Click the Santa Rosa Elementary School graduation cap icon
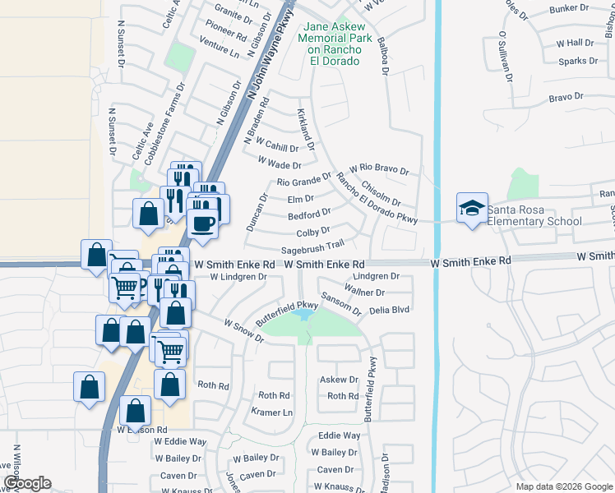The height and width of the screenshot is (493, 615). pos(473,207)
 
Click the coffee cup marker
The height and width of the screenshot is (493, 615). pos(202,223)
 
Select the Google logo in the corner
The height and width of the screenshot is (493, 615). pos(26,483)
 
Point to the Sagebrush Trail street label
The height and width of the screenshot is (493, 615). pos(312,245)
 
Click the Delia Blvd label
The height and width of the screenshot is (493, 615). pos(389,309)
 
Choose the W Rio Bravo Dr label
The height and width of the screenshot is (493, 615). pos(378,169)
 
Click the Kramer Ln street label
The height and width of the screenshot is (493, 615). pos(271,412)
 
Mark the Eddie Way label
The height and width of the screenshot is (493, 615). pos(339,435)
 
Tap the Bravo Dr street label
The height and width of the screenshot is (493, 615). pos(566,97)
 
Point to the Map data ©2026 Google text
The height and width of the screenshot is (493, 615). pos(563,486)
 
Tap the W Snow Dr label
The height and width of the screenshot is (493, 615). pos(243,331)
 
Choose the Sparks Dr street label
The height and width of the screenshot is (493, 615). pos(577,61)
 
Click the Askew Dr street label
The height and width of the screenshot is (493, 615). pos(339,380)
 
